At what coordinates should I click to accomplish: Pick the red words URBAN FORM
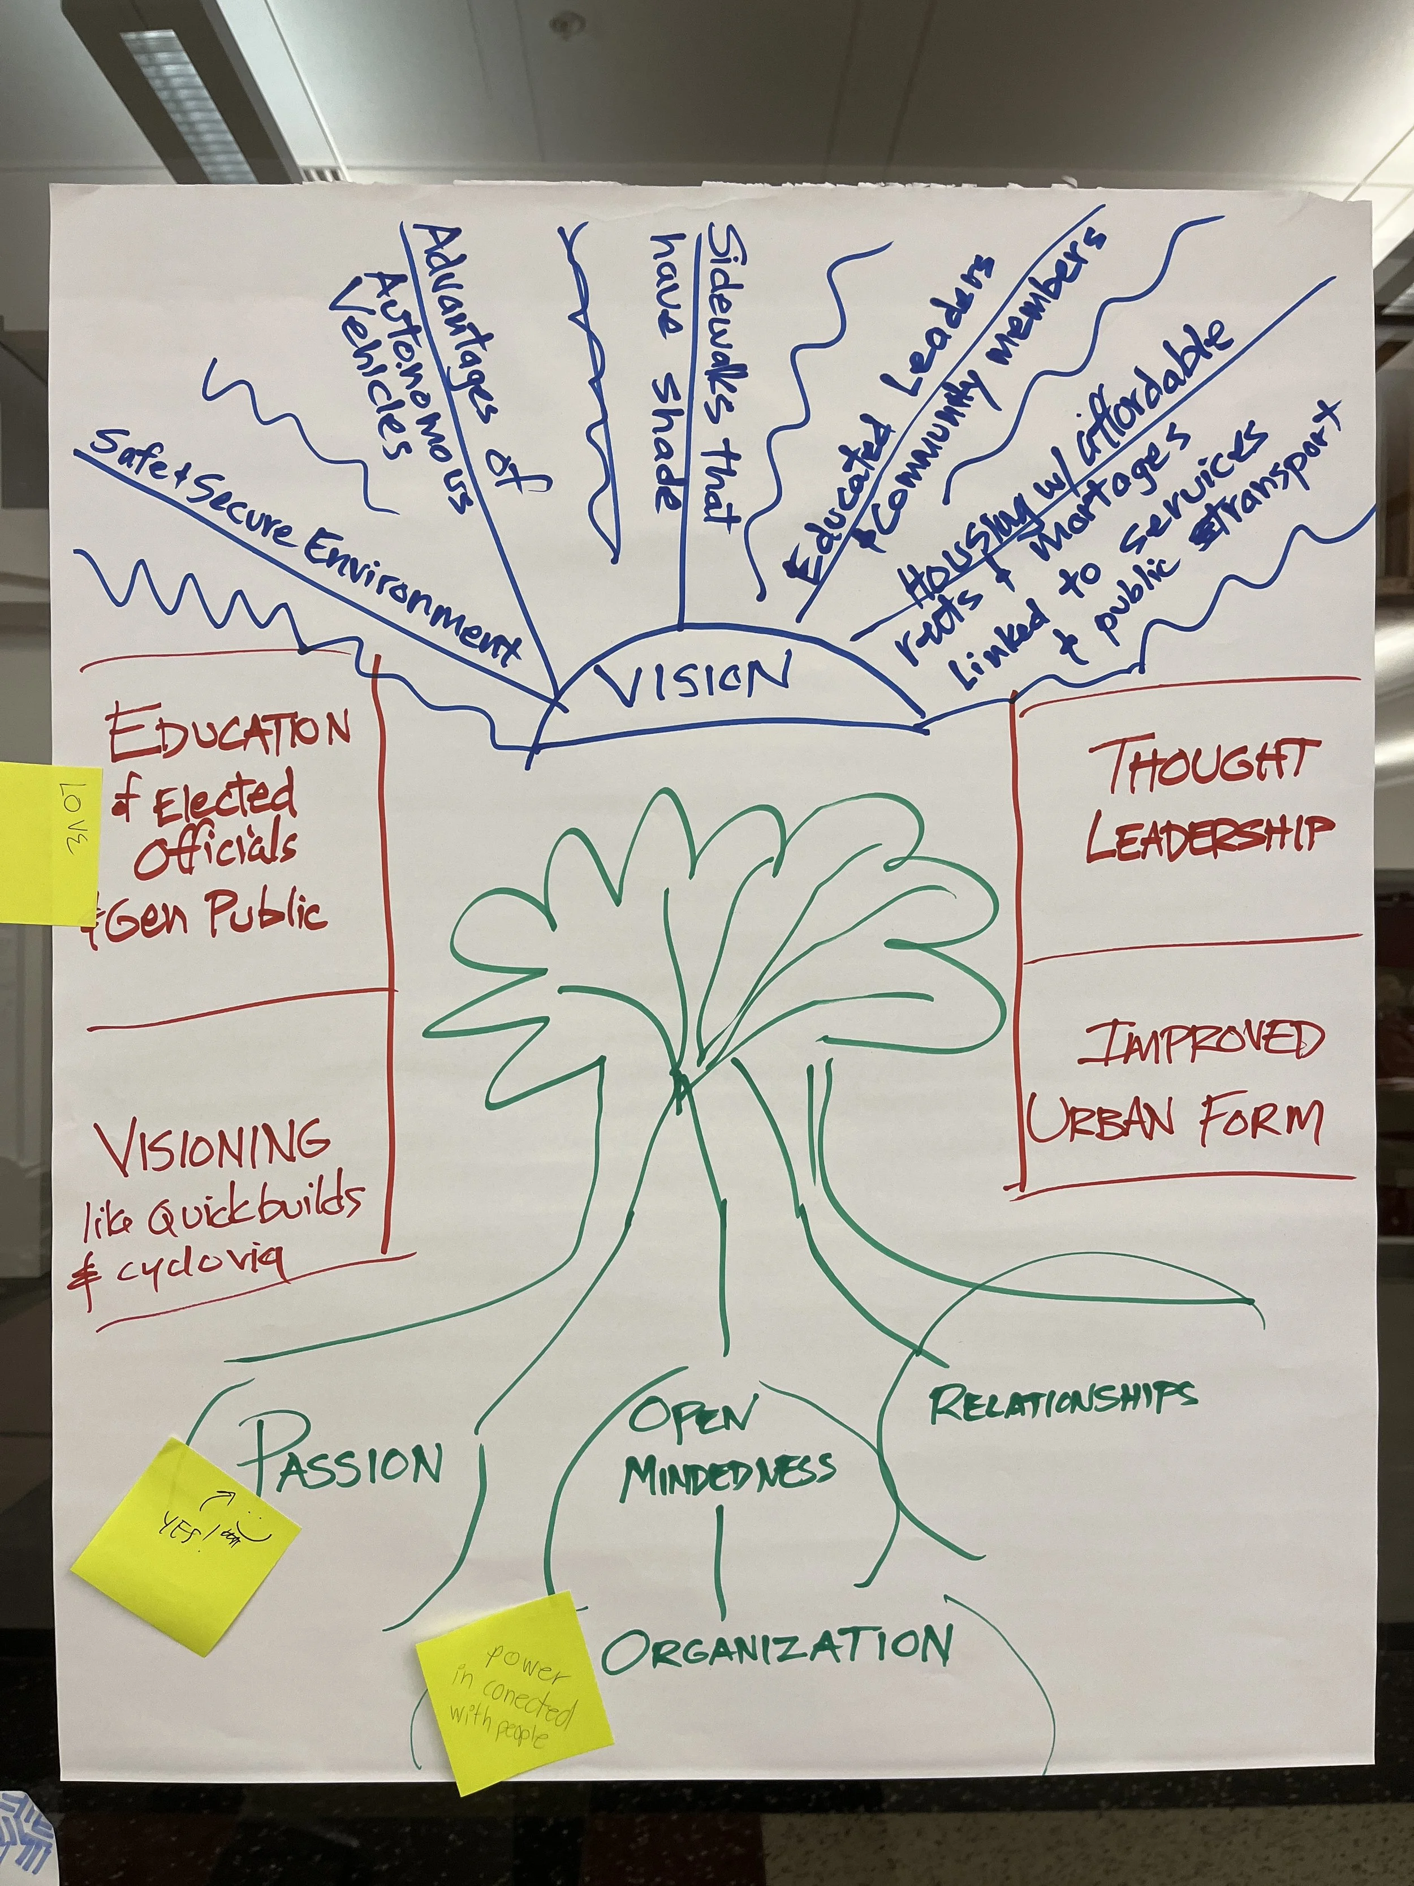click(x=1176, y=1119)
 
